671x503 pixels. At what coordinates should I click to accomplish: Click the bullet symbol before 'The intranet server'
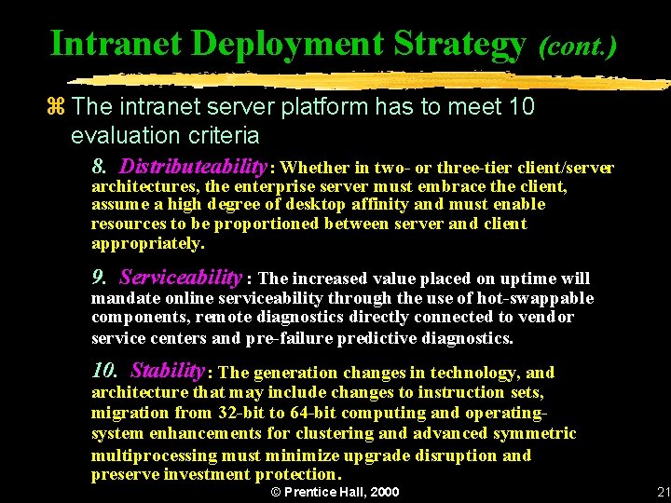pyautogui.click(x=58, y=107)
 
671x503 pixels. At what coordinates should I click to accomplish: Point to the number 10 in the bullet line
pyautogui.click(x=522, y=107)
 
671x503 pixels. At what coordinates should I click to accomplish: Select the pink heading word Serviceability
pyautogui.click(x=181, y=277)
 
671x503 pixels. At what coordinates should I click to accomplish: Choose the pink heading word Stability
pyautogui.click(x=167, y=371)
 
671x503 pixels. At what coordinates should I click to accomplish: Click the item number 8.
pyautogui.click(x=98, y=168)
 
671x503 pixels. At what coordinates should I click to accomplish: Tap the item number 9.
pyautogui.click(x=98, y=278)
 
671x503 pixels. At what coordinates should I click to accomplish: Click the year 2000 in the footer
pyautogui.click(x=384, y=492)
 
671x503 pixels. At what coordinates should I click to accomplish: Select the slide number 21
pyautogui.click(x=664, y=492)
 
